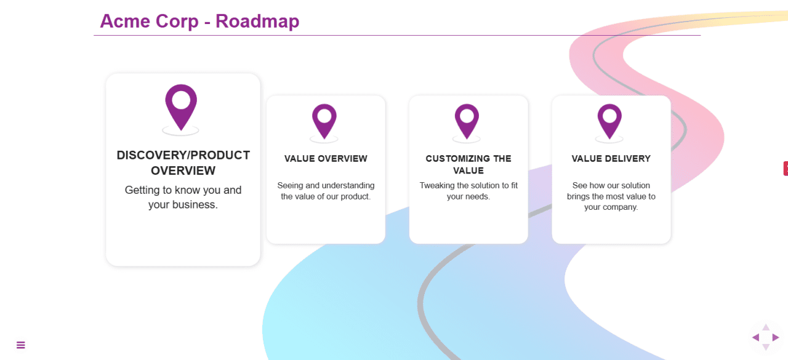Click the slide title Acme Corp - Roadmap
[x=199, y=21]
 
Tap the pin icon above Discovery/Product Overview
[x=181, y=106]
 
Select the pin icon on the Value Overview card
[x=324, y=120]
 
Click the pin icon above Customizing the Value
[x=467, y=120]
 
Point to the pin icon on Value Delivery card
[x=609, y=120]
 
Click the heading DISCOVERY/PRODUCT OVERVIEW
[x=183, y=162]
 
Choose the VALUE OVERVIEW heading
[x=326, y=159]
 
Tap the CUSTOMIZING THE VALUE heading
[x=468, y=164]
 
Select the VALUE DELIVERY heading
[x=611, y=159]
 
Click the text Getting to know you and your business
[x=183, y=198]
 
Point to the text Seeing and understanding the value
[x=326, y=191]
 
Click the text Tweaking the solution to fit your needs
[x=468, y=191]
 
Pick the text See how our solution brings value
[x=611, y=196]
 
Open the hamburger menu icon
[x=21, y=345]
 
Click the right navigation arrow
[x=776, y=337]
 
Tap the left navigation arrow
[x=755, y=337]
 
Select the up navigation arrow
[x=766, y=327]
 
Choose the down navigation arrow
[x=766, y=347]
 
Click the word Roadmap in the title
[x=257, y=21]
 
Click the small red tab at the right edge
[x=786, y=168]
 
